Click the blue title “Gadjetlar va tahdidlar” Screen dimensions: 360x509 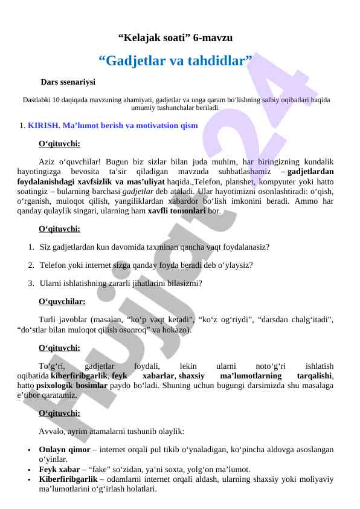175,61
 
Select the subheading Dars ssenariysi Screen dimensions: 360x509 68,81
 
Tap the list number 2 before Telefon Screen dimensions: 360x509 31,265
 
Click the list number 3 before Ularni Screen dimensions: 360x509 31,283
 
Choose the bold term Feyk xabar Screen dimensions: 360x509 59,469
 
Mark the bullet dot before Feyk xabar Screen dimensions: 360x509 29,470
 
